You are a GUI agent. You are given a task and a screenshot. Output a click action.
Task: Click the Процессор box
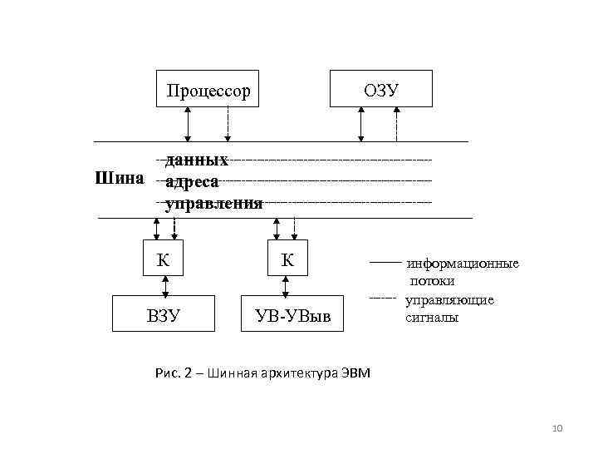[208, 89]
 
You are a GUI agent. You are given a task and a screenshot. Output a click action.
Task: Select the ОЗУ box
[381, 89]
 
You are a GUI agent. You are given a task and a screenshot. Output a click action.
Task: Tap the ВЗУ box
[164, 315]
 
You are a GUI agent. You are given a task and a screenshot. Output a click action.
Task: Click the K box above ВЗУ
[164, 259]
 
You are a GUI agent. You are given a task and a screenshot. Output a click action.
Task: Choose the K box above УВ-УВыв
[287, 259]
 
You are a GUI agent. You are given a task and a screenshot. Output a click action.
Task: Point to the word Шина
[120, 178]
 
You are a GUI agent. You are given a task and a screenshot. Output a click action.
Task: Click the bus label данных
[198, 159]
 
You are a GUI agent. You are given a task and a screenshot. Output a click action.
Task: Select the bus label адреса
[193, 180]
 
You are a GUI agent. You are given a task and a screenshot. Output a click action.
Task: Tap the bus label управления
[214, 202]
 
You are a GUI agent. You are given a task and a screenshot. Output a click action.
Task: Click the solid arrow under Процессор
[189, 124]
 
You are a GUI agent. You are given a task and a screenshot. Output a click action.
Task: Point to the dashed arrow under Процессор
[228, 124]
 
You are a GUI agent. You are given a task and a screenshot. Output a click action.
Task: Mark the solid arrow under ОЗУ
[360, 124]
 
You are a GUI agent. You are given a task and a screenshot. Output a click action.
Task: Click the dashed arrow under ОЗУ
[396, 124]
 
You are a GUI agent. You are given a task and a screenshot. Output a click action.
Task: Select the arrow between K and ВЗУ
[166, 286]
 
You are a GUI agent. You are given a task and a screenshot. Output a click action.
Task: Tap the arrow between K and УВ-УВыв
[287, 286]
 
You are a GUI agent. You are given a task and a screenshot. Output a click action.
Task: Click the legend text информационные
[462, 264]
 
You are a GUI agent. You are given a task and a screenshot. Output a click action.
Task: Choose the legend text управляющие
[449, 299]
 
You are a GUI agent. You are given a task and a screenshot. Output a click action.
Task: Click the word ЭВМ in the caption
[355, 373]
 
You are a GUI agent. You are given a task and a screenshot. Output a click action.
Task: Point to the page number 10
[557, 428]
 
